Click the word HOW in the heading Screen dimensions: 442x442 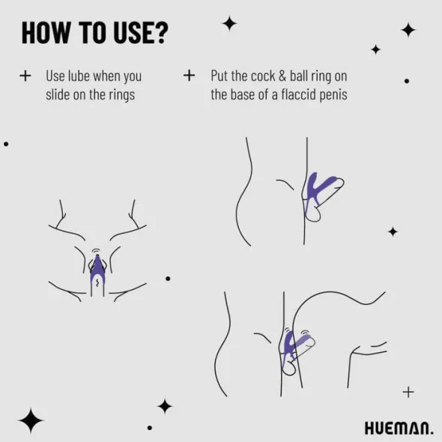pos(46,33)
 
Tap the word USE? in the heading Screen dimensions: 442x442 pos(141,33)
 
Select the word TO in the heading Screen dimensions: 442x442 pos(92,33)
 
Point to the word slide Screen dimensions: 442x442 pos(58,94)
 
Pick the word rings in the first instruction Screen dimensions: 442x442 pos(122,96)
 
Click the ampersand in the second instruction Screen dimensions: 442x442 pos(282,76)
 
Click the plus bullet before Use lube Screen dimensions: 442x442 pos(25,76)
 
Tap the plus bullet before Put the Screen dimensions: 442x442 pos(189,76)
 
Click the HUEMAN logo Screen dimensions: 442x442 pos(399,429)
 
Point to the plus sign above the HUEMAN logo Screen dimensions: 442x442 pos(408,392)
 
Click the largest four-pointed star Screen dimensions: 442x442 pos(31,420)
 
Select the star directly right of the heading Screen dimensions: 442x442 pos(229,23)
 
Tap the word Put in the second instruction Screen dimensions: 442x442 pos(220,76)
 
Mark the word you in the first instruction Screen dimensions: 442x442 pos(133,77)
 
